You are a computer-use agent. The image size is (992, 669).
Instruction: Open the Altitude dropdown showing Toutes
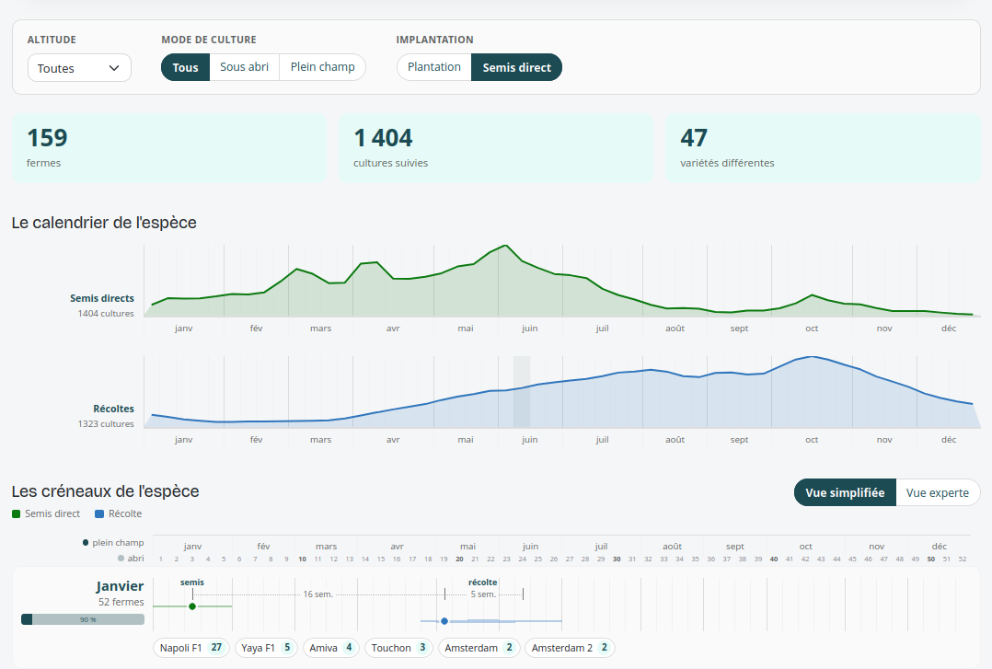pyautogui.click(x=79, y=68)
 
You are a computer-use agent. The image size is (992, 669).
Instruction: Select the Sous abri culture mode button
pyautogui.click(x=244, y=67)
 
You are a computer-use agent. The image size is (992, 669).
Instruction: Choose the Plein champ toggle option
pyautogui.click(x=323, y=67)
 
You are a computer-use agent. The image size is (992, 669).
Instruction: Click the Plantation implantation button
pyautogui.click(x=434, y=67)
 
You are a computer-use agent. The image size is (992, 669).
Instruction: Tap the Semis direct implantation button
pyautogui.click(x=517, y=67)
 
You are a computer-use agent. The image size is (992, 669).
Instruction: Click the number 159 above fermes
pyautogui.click(x=48, y=138)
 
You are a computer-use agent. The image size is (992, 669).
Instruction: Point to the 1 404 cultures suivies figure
pyautogui.click(x=383, y=138)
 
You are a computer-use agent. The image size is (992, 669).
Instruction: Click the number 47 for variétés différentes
pyautogui.click(x=694, y=138)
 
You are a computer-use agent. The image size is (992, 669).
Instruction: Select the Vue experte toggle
pyautogui.click(x=938, y=492)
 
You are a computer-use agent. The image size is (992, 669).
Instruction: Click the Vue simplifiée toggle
pyautogui.click(x=845, y=492)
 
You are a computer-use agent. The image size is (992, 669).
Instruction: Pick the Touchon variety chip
pyautogui.click(x=398, y=648)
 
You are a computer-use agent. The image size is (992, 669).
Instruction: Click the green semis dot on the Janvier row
pyautogui.click(x=192, y=606)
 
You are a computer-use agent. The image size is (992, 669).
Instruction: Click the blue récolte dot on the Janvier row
pyautogui.click(x=444, y=621)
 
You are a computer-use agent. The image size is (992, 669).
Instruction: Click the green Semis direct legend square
pyautogui.click(x=17, y=513)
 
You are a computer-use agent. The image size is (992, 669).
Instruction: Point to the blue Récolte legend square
pyautogui.click(x=99, y=513)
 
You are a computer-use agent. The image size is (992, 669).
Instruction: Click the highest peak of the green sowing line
pyautogui.click(x=505, y=246)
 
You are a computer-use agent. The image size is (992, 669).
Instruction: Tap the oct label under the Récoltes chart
pyautogui.click(x=812, y=439)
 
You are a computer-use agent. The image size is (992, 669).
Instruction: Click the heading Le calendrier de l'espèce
pyautogui.click(x=104, y=223)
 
